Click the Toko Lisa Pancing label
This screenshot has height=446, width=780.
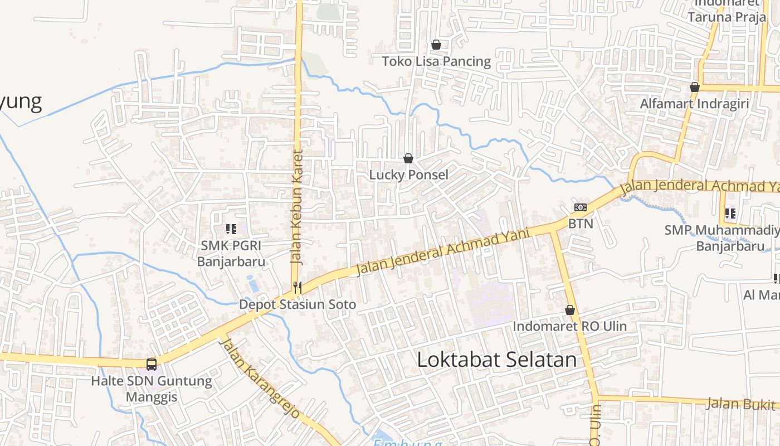coord(436,61)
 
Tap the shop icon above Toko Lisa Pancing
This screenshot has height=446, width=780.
coord(436,45)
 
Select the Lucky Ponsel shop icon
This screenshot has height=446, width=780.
coord(408,158)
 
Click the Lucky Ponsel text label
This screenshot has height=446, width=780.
coord(408,175)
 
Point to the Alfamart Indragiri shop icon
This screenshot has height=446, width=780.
coord(695,87)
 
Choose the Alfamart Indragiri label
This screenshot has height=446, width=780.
coord(694,104)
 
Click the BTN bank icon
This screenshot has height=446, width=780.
coord(581,207)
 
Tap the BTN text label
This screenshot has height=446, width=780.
coord(581,224)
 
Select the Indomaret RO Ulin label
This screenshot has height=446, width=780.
coord(570,326)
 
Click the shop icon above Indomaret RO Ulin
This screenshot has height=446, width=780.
coord(570,310)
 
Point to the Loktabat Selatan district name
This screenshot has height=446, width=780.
coord(497,360)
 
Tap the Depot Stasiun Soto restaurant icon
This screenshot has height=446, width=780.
coord(298,287)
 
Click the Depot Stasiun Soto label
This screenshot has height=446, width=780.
coord(298,305)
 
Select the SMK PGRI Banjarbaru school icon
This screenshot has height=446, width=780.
coord(231,229)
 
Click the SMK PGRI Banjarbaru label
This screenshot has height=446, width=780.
coord(231,254)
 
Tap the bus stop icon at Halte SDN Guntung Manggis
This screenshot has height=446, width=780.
coord(152,364)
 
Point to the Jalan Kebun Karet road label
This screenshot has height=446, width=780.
coord(296,206)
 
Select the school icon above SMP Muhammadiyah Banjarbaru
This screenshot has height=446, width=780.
coord(730,213)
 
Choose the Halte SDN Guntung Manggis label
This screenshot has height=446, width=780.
coord(152,389)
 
